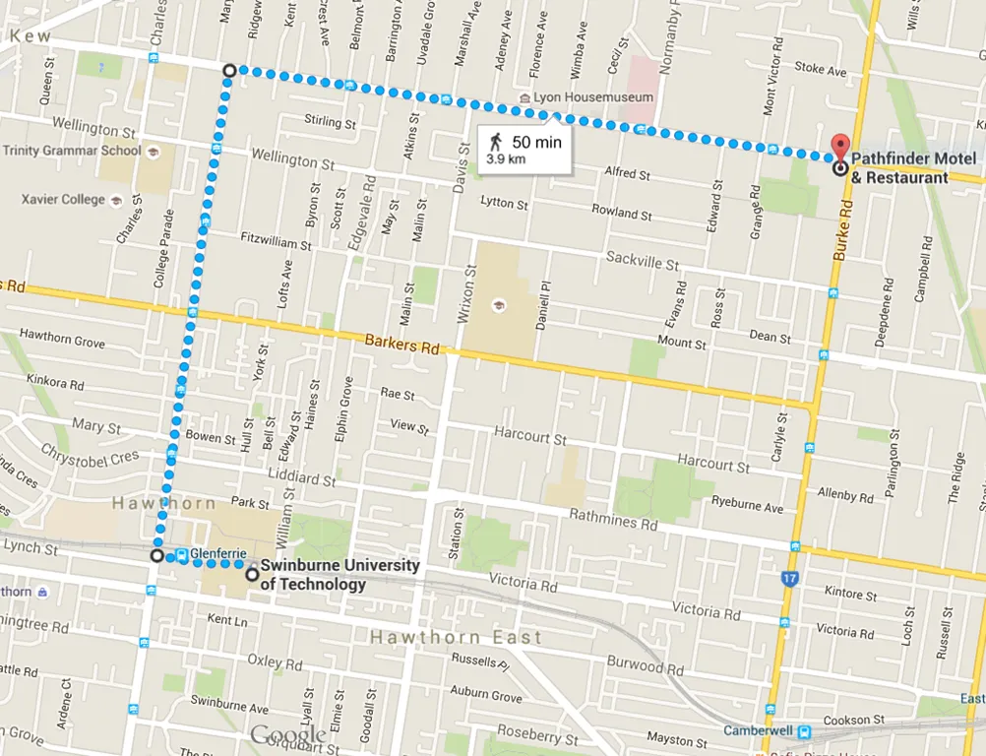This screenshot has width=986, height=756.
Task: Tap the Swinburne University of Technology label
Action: coord(339,575)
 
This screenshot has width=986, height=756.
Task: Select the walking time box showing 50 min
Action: coord(524,149)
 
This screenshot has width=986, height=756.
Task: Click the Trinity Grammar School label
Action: coord(72,151)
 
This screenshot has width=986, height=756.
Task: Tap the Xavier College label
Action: coord(63,200)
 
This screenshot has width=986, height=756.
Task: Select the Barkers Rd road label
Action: coord(401,346)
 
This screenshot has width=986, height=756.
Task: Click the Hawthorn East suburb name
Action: coord(456,638)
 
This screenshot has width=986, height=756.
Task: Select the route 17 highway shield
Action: coord(790,578)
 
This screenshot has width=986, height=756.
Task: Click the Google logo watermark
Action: coord(287,735)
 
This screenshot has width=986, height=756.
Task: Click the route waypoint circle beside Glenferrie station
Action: coord(156,555)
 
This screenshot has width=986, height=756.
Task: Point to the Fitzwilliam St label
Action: coord(276,241)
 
